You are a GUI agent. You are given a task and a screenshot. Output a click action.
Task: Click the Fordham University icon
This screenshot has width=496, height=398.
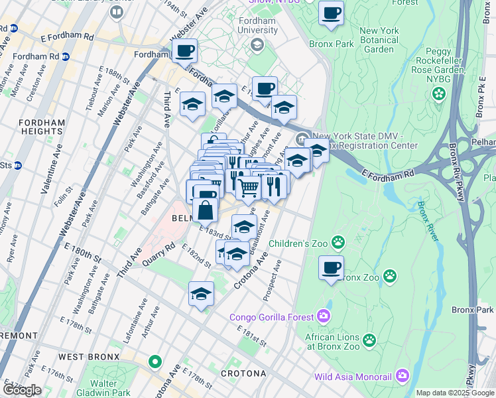[x=258, y=45]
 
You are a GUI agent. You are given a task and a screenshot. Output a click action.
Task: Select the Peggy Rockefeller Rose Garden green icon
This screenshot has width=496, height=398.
[x=438, y=95]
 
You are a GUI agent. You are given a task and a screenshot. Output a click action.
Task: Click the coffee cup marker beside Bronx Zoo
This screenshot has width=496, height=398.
[x=332, y=268]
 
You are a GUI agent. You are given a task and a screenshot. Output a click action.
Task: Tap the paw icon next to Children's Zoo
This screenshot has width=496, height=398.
[x=339, y=243]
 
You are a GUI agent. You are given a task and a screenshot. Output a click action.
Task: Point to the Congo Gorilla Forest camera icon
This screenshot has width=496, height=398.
[x=323, y=316]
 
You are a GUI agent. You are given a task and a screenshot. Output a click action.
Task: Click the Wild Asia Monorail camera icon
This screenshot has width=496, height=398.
[x=403, y=377]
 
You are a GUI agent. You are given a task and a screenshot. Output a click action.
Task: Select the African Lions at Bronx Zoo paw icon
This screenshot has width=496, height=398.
[x=369, y=341]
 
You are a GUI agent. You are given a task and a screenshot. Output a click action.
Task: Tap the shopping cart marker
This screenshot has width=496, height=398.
[x=248, y=188]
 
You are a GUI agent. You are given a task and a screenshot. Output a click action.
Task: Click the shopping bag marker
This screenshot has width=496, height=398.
[x=206, y=210]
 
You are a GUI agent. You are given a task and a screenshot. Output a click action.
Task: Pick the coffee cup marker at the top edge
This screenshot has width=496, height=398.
[x=331, y=13]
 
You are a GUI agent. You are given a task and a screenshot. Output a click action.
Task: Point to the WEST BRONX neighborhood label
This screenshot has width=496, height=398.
[x=88, y=357]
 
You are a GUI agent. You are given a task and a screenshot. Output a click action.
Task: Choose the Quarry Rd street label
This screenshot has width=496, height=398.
[x=160, y=253]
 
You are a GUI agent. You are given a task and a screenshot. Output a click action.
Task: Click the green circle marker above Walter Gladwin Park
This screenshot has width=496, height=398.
[x=155, y=362]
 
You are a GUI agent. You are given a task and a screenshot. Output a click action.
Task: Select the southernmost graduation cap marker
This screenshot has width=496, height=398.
[x=201, y=293]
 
